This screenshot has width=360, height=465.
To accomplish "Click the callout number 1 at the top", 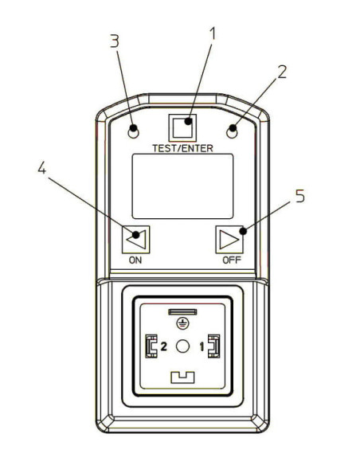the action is (x=213, y=33).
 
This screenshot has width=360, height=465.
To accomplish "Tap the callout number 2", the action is (x=282, y=72).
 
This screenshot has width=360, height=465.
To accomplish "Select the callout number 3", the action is (x=115, y=41).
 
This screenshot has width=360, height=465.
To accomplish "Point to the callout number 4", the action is (x=41, y=168).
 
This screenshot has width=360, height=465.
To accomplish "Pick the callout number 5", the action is (x=300, y=196).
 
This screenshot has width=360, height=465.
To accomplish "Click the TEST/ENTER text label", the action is (x=182, y=148).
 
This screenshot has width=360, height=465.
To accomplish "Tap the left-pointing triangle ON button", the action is (x=136, y=240).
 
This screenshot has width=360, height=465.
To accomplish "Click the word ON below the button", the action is (x=135, y=260).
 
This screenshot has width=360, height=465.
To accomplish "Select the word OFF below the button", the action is (x=232, y=260).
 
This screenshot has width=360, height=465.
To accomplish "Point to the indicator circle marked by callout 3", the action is (x=133, y=132).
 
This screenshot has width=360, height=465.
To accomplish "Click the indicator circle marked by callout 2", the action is (x=232, y=132).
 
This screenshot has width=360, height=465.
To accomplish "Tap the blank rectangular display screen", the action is (x=182, y=186).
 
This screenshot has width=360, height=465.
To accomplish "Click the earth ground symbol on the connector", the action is (x=182, y=323).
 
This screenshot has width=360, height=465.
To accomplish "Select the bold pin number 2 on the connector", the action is (x=164, y=346).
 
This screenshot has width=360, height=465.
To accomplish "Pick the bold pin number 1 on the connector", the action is (x=202, y=346).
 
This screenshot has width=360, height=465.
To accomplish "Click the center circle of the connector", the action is (x=182, y=346).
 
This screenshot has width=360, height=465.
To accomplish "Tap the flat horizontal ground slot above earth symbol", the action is (x=182, y=311).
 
